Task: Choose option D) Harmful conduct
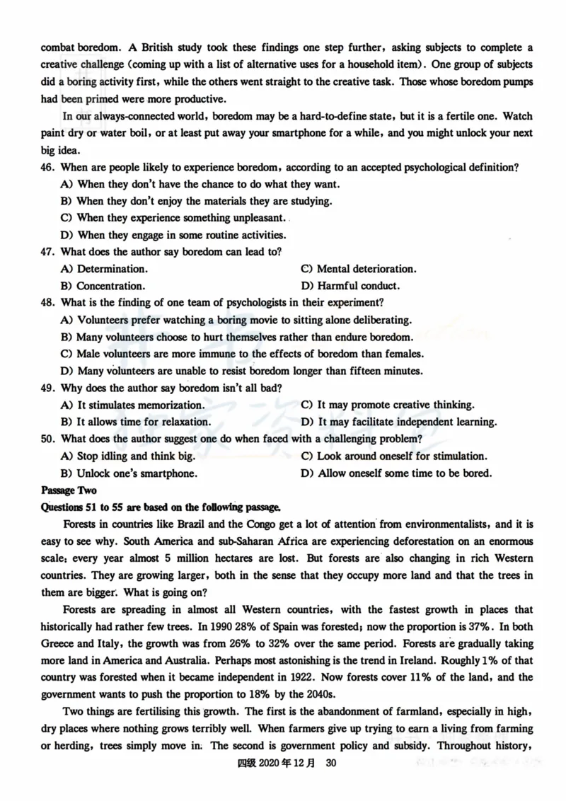[350, 286]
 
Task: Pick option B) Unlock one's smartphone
[129, 473]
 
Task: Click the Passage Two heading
[69, 490]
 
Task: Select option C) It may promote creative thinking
[387, 405]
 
